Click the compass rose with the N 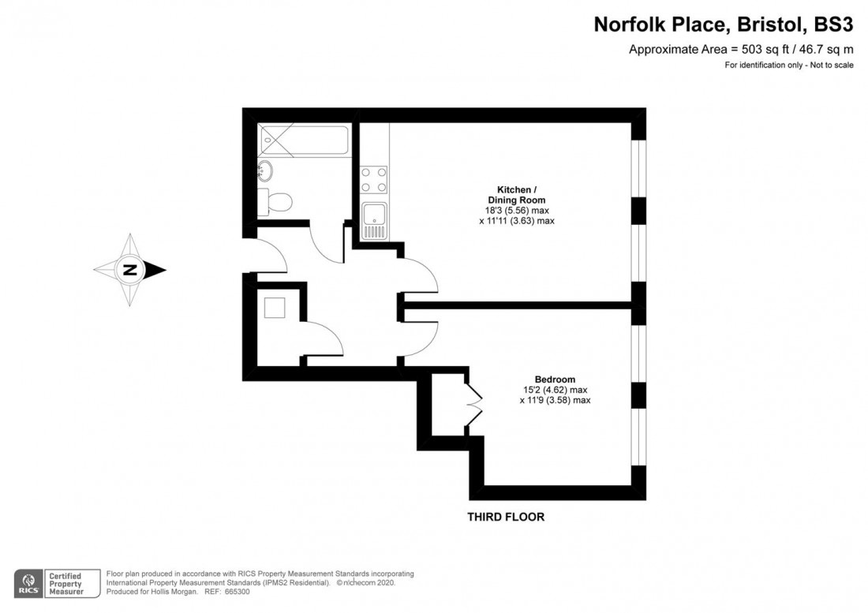(x=130, y=270)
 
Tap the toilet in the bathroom (x=277, y=201)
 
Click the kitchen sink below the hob (x=374, y=219)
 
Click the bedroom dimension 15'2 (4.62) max (x=554, y=390)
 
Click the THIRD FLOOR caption (x=505, y=518)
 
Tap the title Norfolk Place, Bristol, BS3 (x=723, y=25)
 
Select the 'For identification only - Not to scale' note (x=788, y=65)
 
